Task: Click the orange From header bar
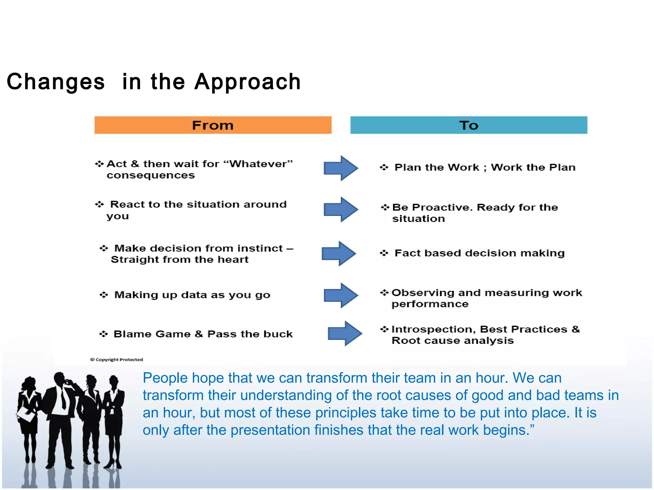point(213,125)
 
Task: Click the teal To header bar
point(468,125)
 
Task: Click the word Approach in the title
point(247,82)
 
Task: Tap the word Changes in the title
point(56,82)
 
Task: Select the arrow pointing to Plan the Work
point(340,168)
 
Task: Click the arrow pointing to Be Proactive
point(340,209)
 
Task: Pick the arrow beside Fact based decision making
point(338,253)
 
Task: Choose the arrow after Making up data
point(340,295)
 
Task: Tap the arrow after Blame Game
point(345,333)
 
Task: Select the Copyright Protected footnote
point(117,360)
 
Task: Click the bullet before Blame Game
point(103,334)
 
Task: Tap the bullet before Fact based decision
point(384,253)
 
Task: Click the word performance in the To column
point(430,304)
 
